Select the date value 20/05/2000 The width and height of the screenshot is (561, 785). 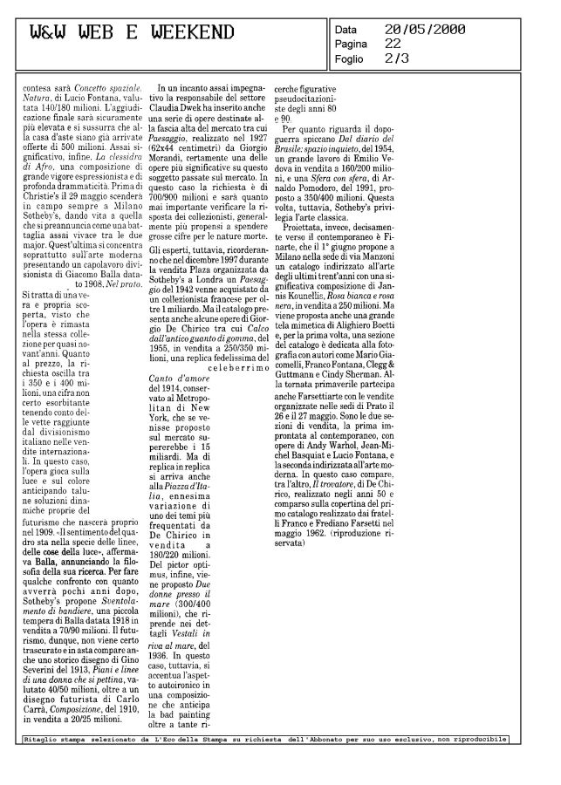click(x=424, y=29)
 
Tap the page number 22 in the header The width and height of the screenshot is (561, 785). click(x=393, y=43)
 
